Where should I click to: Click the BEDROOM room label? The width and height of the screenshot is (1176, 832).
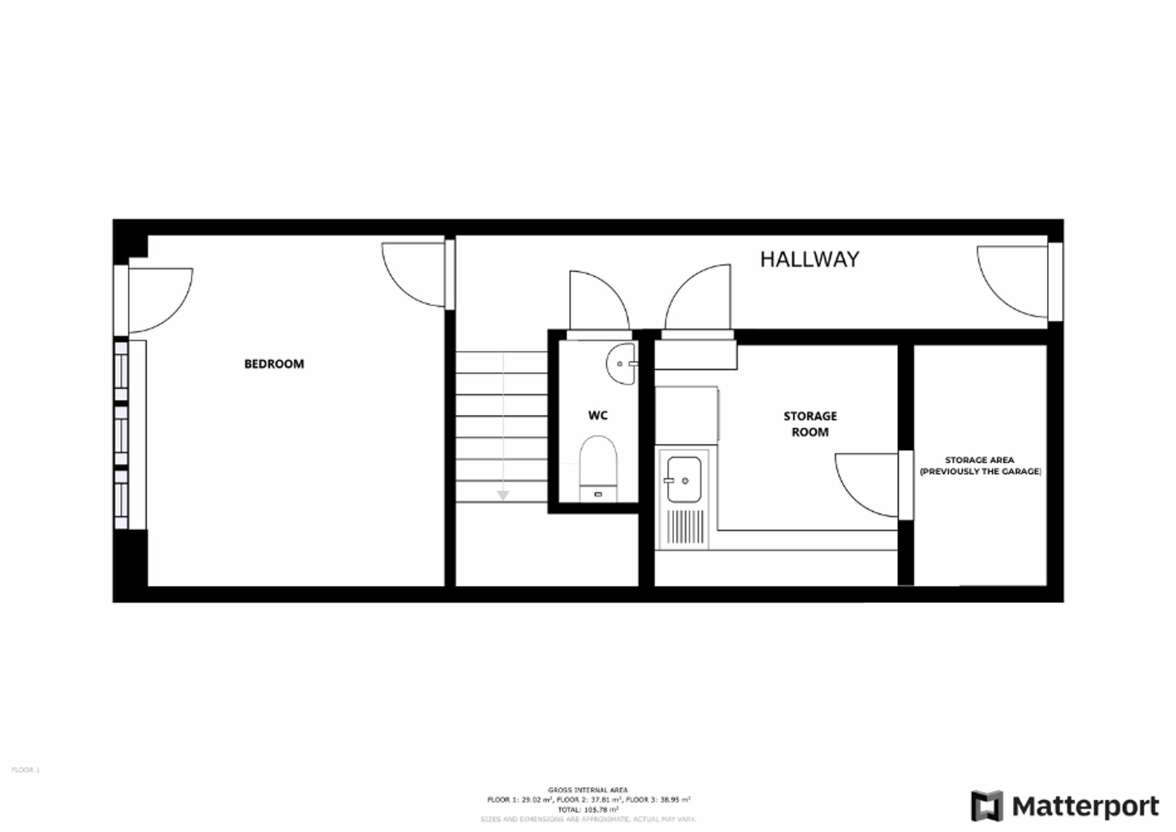coord(274,364)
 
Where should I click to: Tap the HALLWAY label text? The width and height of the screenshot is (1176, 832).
coord(809,259)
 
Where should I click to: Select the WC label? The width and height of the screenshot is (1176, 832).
coord(597,415)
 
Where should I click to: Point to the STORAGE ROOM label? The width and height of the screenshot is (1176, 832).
coord(810,424)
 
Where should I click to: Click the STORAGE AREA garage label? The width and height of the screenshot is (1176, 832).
coord(980,465)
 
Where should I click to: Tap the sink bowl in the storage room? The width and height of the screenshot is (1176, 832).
coord(684,480)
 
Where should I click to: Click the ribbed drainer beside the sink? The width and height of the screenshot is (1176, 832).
coord(686,527)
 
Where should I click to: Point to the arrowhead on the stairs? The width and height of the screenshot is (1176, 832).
coord(502,495)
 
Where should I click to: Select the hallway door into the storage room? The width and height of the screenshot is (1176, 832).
coord(699,298)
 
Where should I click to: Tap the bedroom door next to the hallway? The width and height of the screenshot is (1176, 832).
coord(414,275)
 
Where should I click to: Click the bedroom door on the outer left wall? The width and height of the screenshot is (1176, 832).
coord(160,300)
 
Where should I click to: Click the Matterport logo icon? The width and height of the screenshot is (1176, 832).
coord(987,805)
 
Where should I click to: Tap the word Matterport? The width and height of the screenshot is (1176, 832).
coord(1085,806)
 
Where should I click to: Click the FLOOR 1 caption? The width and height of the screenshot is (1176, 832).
coord(25,770)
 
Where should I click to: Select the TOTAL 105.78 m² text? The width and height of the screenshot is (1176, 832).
coord(588,810)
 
